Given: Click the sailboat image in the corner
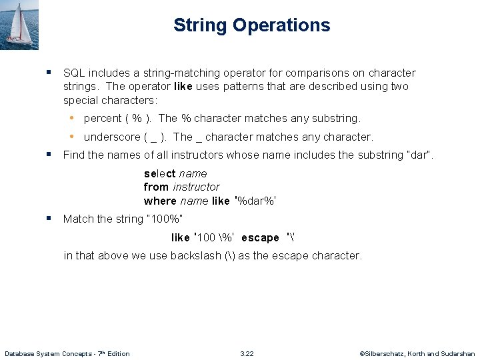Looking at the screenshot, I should tap(19, 25).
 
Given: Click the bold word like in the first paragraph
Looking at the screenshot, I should tap(183, 87).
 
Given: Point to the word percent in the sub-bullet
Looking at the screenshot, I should tap(102, 119).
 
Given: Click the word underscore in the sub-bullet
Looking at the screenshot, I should tap(111, 137).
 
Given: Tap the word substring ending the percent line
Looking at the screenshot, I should tap(337, 119).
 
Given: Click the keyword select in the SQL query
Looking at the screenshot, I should tap(160, 173).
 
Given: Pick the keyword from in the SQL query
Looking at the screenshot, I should tap(156, 187).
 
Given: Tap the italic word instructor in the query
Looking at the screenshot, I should tap(196, 187).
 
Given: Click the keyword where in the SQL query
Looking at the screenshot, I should tap(160, 201).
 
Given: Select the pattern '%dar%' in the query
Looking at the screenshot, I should tap(255, 201).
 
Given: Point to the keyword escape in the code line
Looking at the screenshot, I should tap(260, 238).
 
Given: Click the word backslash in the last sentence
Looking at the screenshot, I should tap(194, 255).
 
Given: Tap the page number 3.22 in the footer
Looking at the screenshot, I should tap(247, 353).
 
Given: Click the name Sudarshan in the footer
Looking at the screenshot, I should tap(459, 353).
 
